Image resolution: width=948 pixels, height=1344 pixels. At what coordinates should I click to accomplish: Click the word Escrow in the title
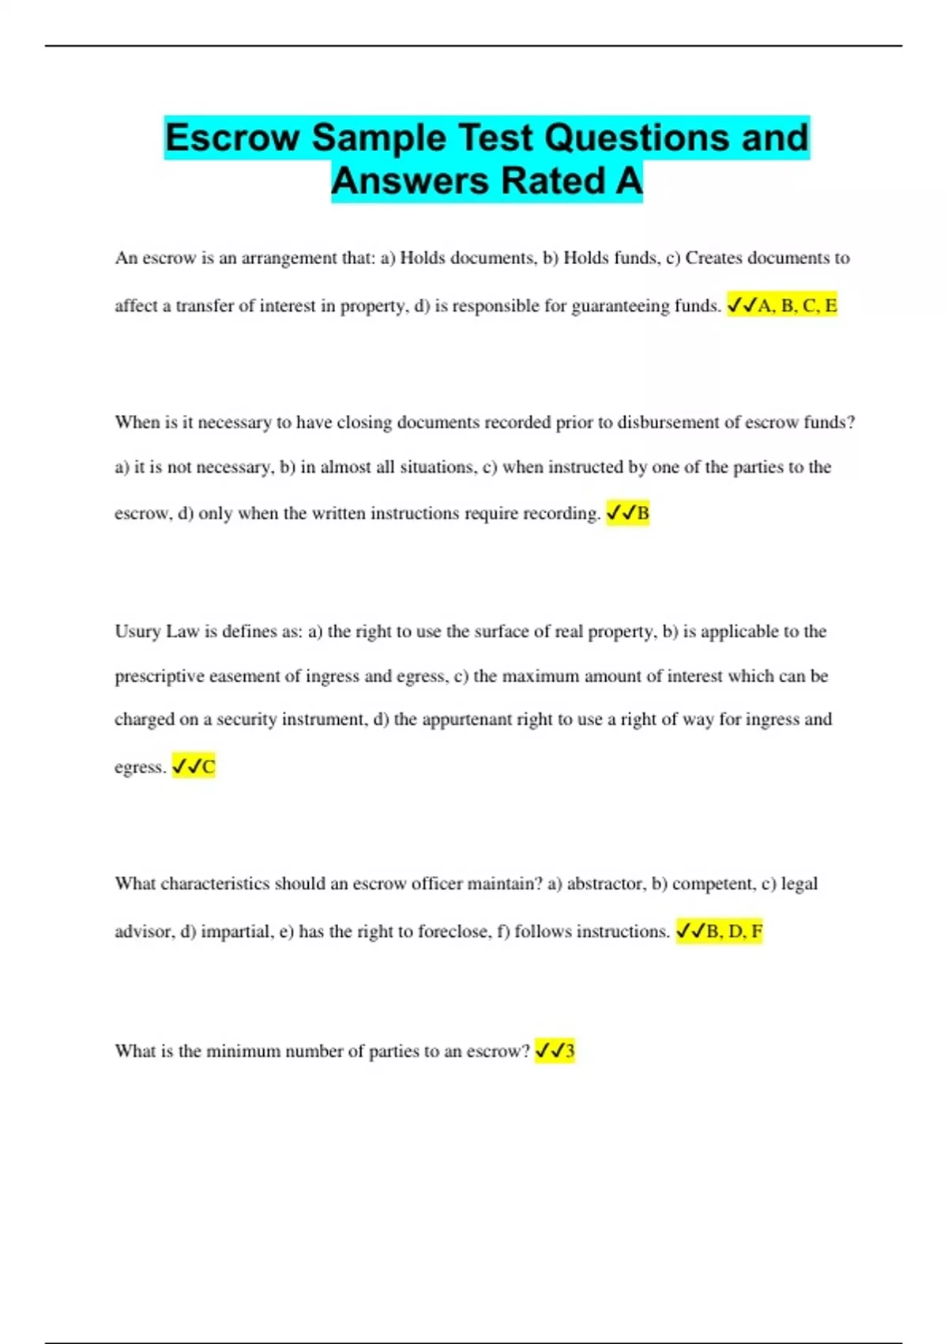232,138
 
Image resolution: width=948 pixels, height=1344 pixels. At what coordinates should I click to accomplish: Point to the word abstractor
604,884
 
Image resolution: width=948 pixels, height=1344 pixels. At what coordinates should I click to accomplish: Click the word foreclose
453,931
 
